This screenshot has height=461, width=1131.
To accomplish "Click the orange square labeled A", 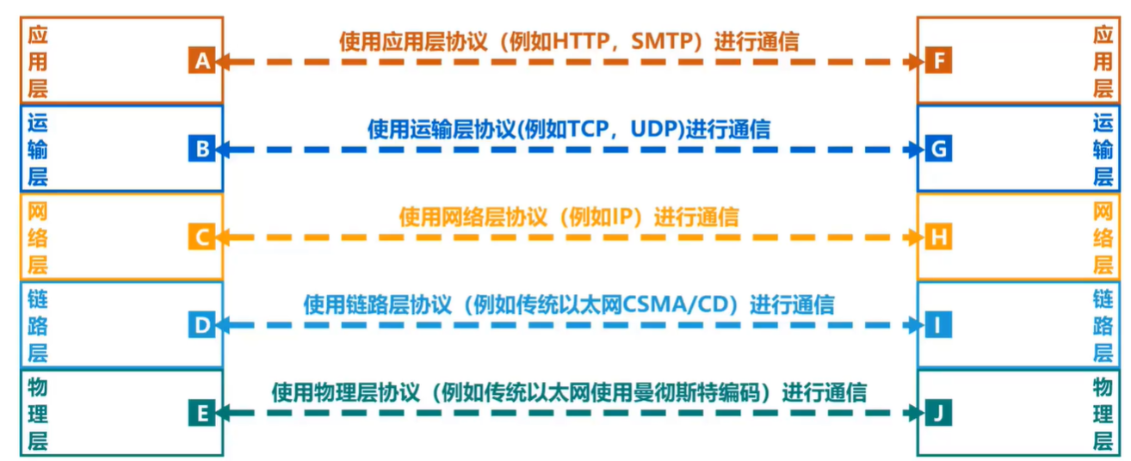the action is click(x=201, y=61).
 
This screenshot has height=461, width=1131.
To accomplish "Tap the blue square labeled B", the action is click(x=201, y=150).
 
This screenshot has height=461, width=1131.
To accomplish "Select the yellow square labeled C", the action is click(x=201, y=237).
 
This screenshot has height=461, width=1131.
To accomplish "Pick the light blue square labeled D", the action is click(x=201, y=325).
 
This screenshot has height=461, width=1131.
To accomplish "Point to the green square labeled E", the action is click(x=201, y=413).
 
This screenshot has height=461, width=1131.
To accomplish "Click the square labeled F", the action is click(x=939, y=61).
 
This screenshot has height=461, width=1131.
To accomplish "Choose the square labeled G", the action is click(x=939, y=150).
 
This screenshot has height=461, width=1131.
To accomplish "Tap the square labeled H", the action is click(x=939, y=237).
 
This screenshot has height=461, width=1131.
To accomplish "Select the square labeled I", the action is click(x=939, y=325).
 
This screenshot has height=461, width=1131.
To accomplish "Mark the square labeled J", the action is click(x=939, y=413).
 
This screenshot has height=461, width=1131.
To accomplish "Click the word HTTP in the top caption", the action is click(x=590, y=42).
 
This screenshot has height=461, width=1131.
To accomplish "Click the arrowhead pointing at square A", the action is click(x=222, y=62).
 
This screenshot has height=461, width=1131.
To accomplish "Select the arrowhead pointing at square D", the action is click(x=222, y=325).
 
